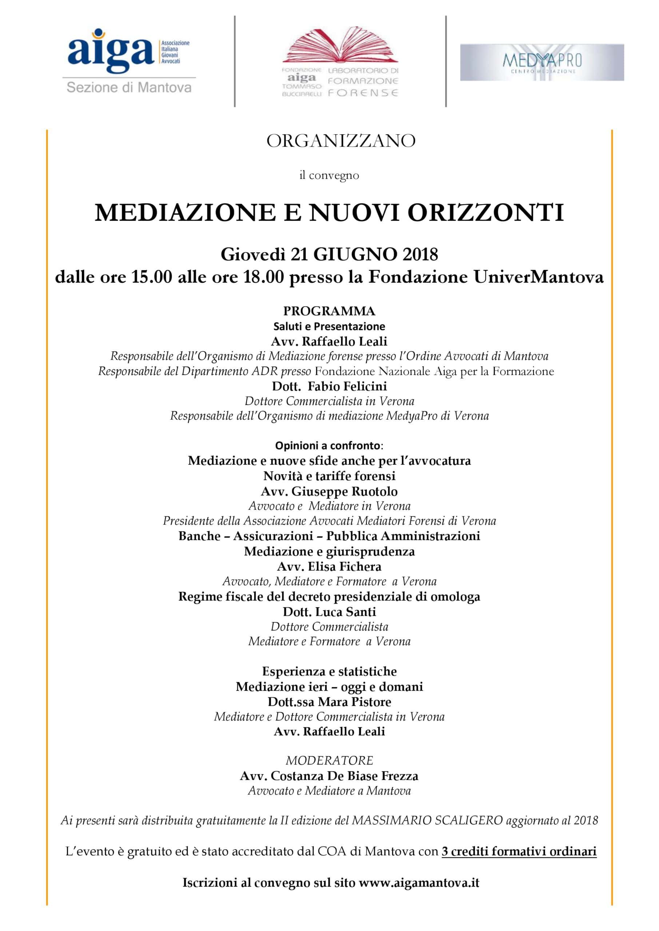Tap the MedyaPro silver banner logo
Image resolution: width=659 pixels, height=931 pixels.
pos(542,63)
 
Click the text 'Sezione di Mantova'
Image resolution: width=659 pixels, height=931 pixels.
pos(129,88)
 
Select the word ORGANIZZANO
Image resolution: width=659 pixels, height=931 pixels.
pos(341,141)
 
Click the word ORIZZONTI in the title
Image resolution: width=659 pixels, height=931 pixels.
pos(486,212)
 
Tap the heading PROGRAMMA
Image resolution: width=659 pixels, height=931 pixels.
pos(329,311)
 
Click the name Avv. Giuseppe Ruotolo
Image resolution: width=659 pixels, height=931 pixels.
pos(329,491)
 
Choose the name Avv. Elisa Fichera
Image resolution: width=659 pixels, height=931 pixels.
pos(329,567)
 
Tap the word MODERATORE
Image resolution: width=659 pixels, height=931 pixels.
pos(329,760)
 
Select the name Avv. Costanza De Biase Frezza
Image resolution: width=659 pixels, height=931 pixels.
pos(329,776)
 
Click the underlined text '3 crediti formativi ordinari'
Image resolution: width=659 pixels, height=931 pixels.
pos(519,851)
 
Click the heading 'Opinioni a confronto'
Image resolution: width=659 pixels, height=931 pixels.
pos(328,445)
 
